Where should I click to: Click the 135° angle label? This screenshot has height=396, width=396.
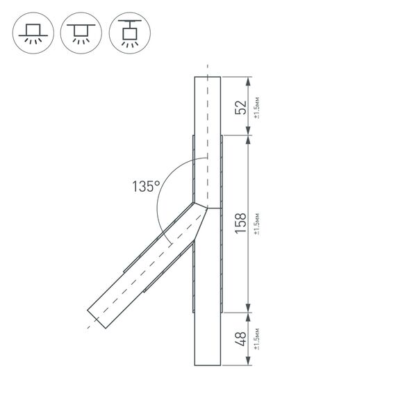click(146, 186)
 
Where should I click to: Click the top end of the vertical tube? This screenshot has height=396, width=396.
click(207, 78)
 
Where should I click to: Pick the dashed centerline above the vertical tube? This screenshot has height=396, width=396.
click(207, 69)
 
